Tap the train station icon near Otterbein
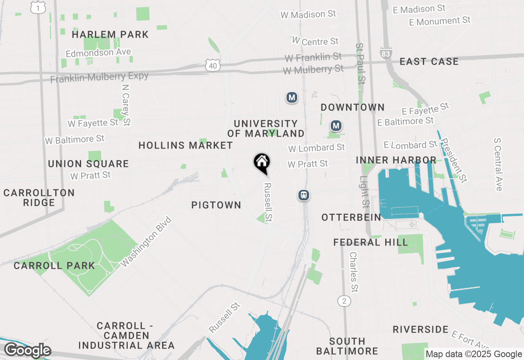pos(303,195)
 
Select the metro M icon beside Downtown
pos(336,126)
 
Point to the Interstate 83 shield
pos(386,53)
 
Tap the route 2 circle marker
pos(344,301)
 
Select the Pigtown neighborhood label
pos(216,205)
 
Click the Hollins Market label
pos(185,145)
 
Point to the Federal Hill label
pos(370,242)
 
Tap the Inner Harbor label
pos(396,160)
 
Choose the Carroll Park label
pos(54,265)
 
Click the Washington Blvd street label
pos(147,242)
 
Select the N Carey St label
pos(126,105)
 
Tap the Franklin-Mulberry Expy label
pos(99,77)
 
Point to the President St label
pos(453,160)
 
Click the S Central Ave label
pos(498,164)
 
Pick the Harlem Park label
pos(110,35)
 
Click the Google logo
pos(27,351)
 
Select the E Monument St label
pos(440,20)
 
